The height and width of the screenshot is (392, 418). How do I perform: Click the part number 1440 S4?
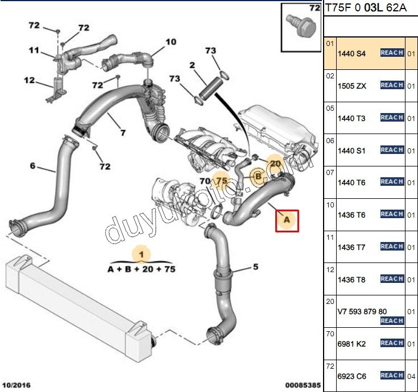[353, 53]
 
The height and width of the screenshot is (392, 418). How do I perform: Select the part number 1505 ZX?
[353, 86]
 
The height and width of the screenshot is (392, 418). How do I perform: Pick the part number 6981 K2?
[353, 344]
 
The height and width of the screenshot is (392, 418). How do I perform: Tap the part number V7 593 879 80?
[362, 311]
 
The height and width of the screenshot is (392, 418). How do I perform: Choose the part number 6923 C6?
[353, 376]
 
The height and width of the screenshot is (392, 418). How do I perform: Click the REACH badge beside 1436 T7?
[392, 247]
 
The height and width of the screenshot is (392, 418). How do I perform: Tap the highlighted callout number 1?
[142, 253]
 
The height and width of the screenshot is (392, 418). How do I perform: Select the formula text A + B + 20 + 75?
[142, 269]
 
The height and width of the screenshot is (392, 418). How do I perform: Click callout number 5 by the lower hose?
[256, 266]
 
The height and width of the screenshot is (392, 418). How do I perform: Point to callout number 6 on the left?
[32, 166]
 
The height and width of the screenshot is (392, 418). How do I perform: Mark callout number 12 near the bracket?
[30, 80]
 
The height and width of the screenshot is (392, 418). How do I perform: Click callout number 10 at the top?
[171, 41]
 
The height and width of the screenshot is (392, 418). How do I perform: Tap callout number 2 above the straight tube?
[192, 65]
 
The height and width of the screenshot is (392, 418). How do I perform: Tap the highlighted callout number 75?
[222, 181]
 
